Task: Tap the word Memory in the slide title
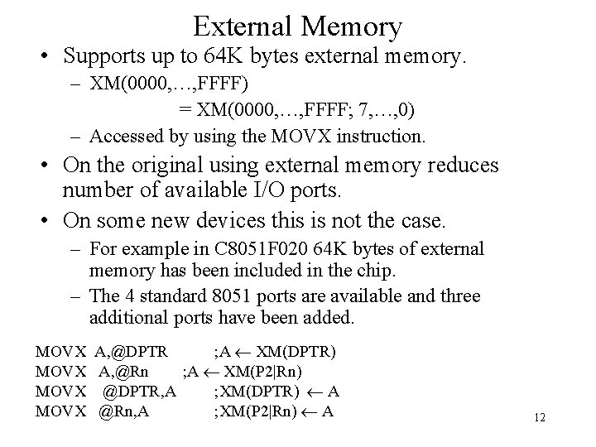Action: pos(352,26)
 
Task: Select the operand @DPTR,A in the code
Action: pos(139,391)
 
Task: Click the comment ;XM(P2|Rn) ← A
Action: pos(274,410)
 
